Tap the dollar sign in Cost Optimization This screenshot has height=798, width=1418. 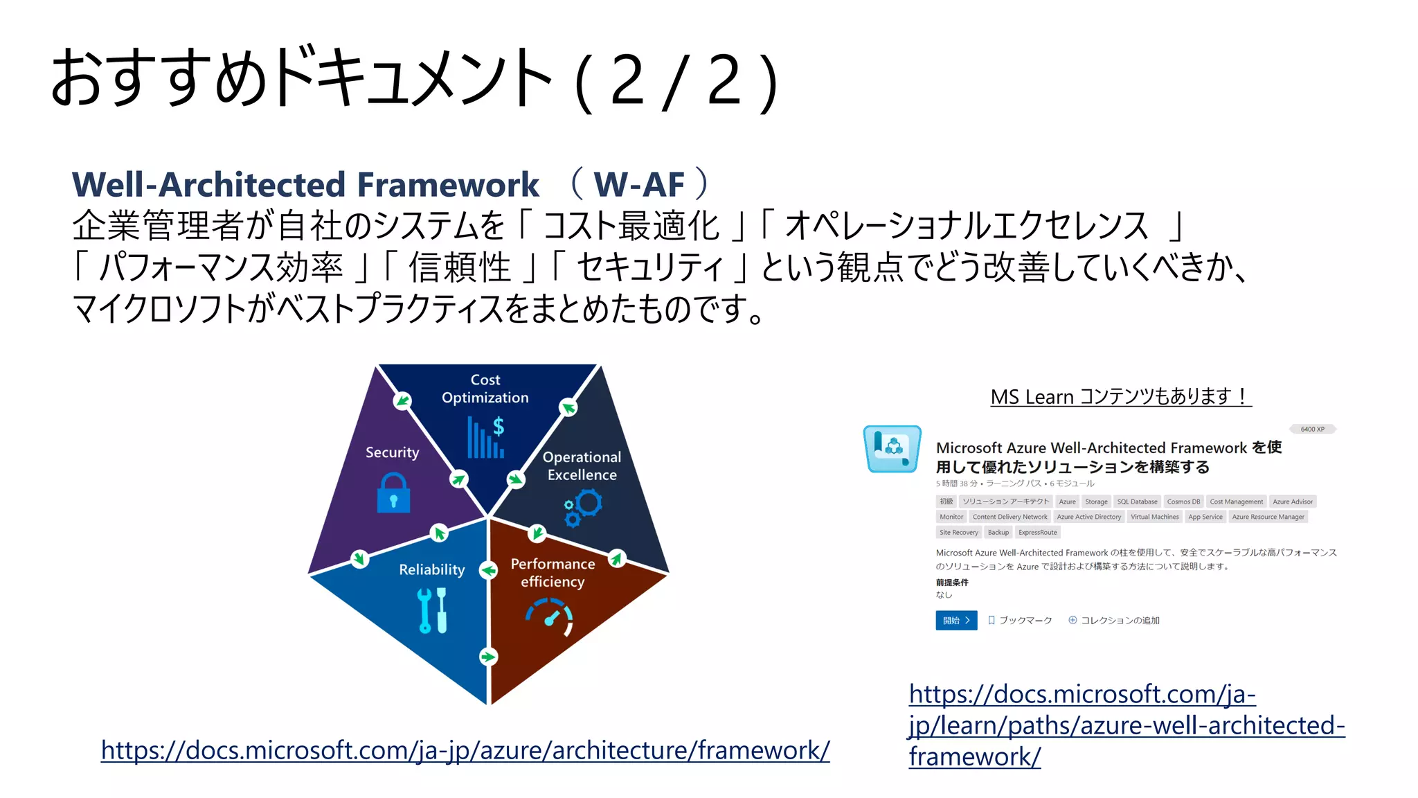[498, 427]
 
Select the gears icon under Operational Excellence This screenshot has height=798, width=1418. [583, 507]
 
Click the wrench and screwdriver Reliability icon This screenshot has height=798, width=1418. [433, 610]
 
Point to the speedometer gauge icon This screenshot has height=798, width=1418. [550, 616]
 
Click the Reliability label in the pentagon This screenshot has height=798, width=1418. [431, 569]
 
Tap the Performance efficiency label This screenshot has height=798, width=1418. [553, 573]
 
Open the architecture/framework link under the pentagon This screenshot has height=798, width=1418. [465, 750]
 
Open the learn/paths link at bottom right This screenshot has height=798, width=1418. [1126, 725]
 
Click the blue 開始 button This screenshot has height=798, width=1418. [955, 620]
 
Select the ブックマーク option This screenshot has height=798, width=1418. [1020, 620]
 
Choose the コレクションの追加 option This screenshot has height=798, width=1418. [1114, 620]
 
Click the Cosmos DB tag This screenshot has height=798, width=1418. [1183, 502]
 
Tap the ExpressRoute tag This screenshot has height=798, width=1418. [1037, 532]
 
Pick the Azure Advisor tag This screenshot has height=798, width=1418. [1292, 502]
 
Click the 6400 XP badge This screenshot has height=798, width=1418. [1312, 429]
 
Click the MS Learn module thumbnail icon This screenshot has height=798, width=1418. [892, 449]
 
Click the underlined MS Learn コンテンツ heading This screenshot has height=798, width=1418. [1120, 397]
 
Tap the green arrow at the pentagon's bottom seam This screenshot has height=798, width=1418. [488, 656]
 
